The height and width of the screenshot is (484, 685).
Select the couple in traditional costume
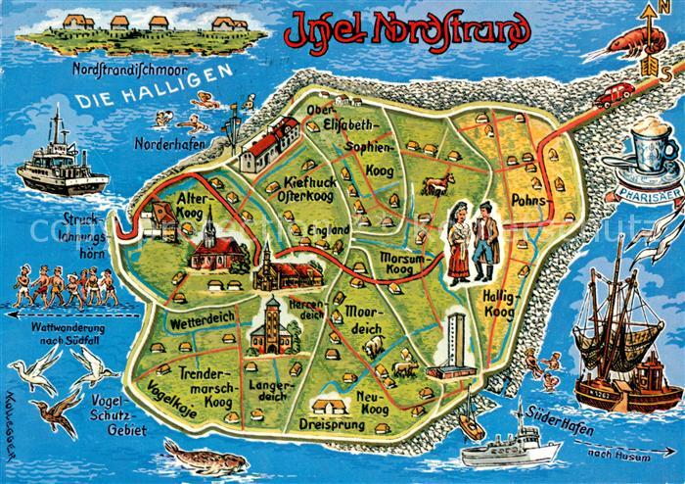[x=472, y=243]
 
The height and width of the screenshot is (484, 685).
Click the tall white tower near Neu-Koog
[x=453, y=345]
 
